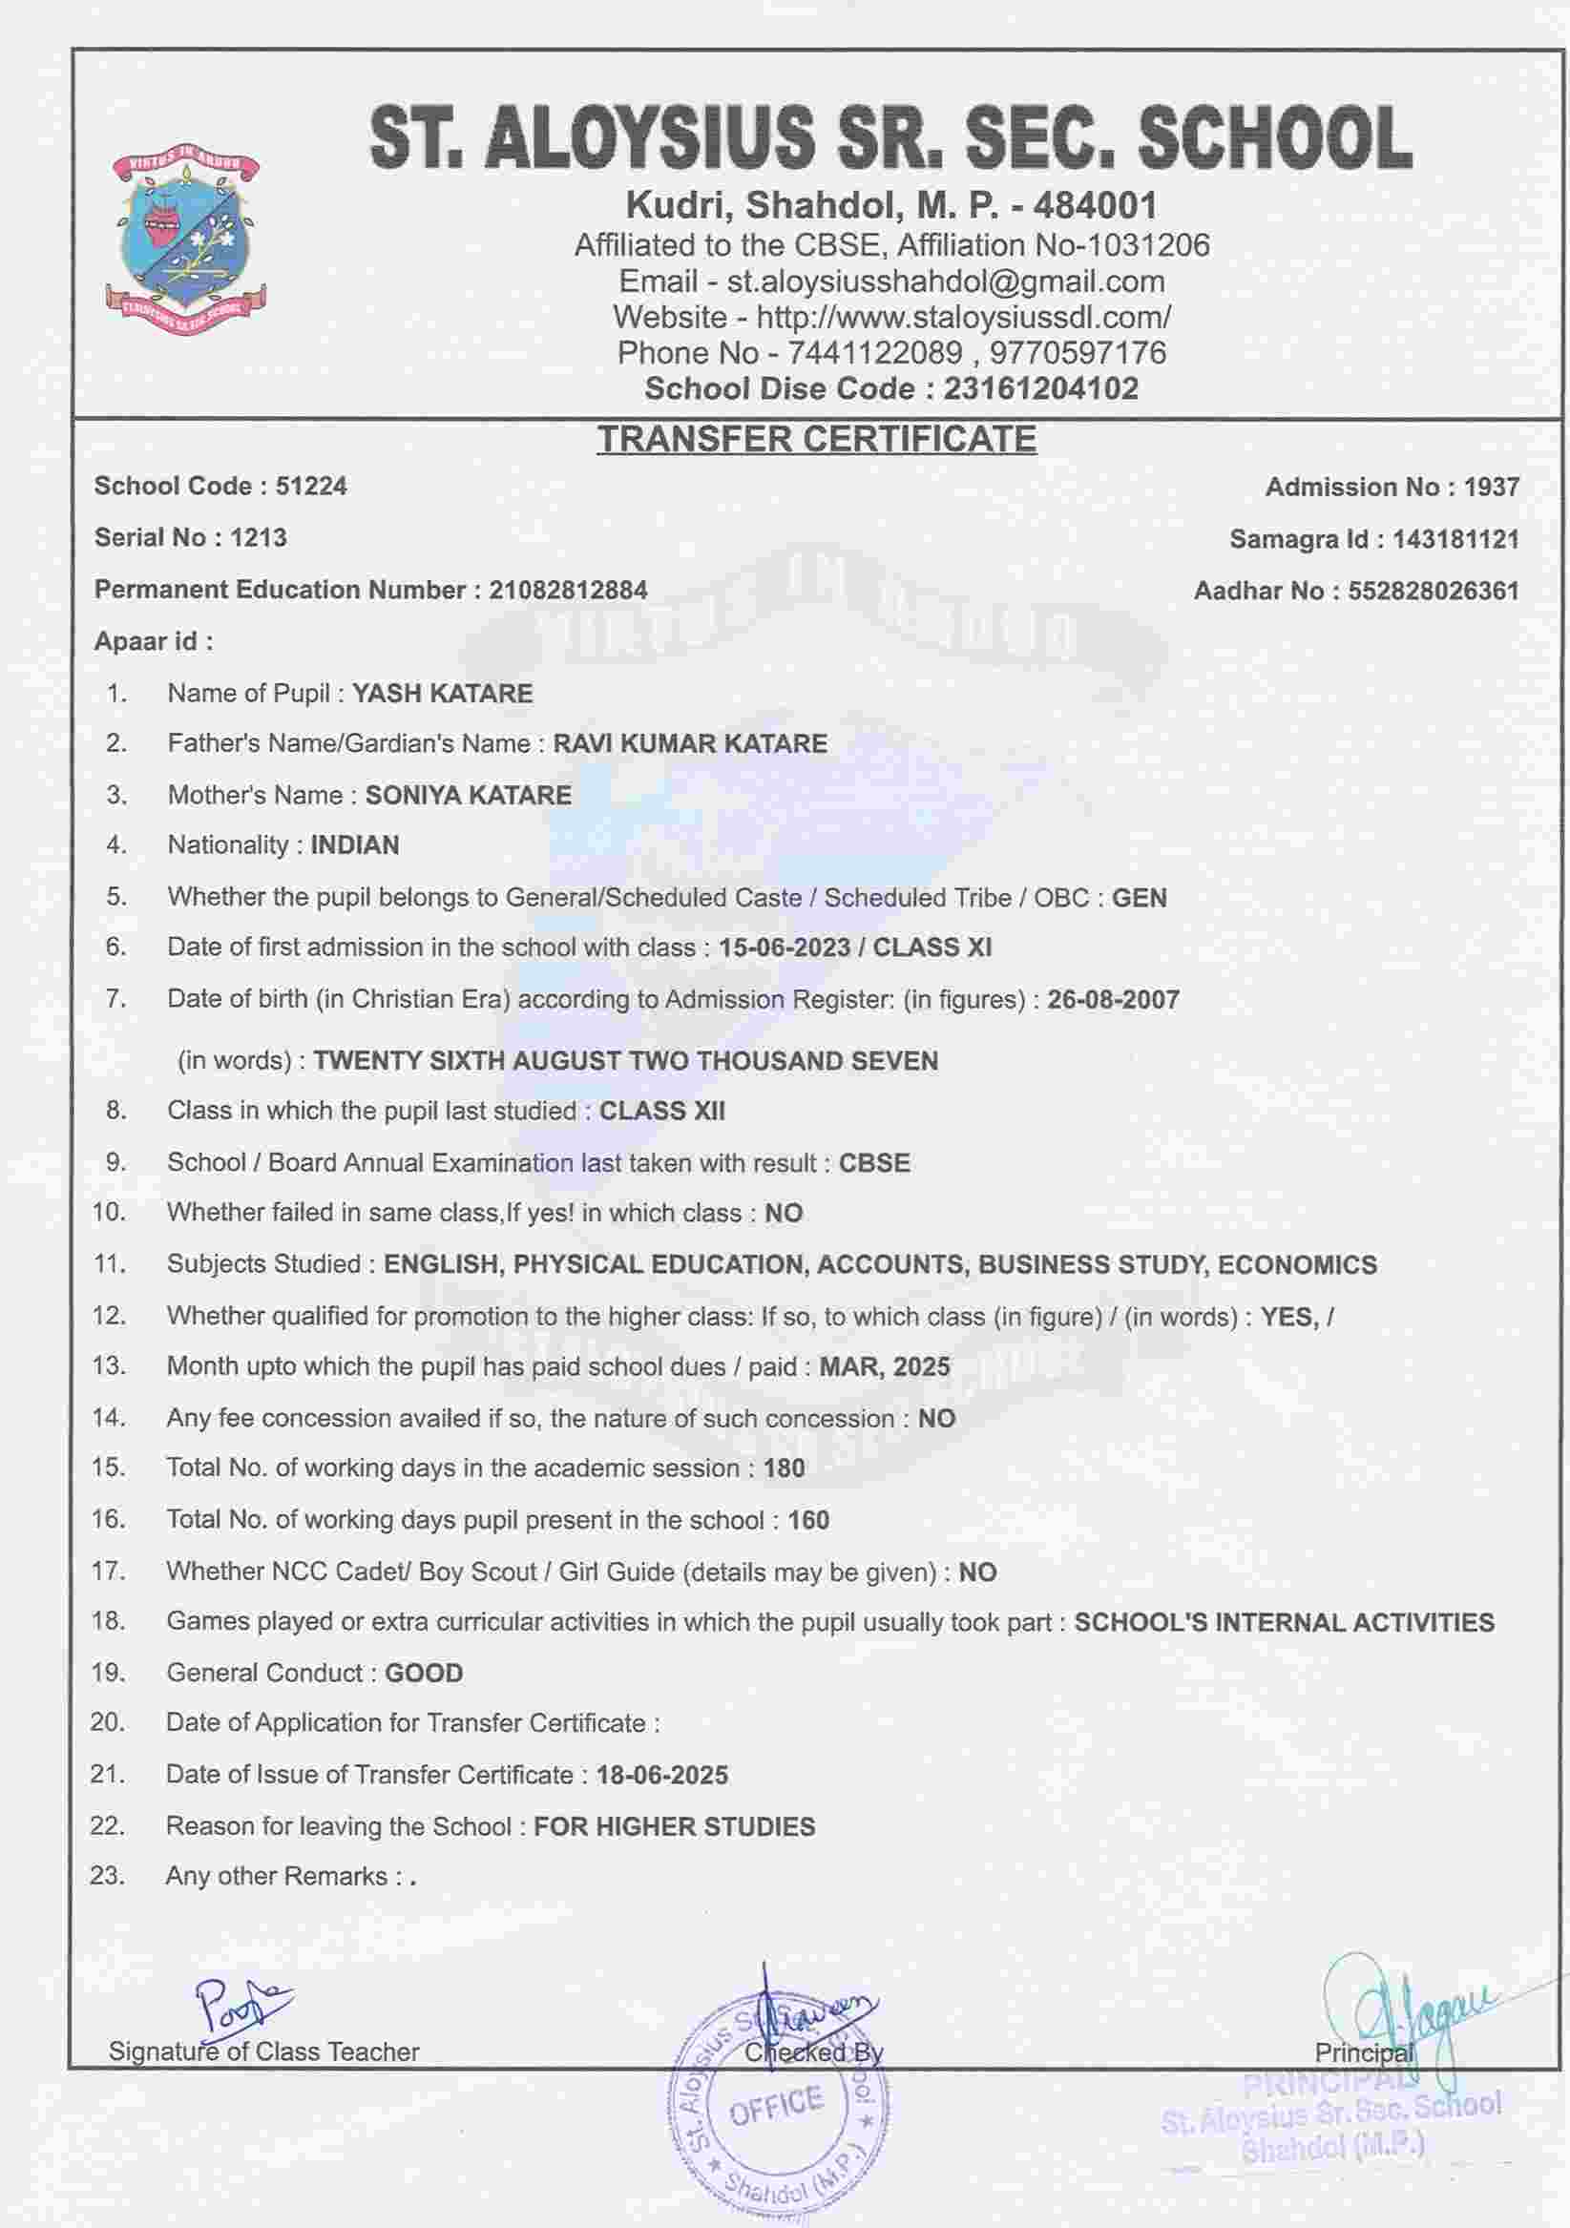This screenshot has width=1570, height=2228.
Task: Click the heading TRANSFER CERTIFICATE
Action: [x=816, y=439]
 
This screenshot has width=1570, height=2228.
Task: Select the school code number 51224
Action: [x=310, y=487]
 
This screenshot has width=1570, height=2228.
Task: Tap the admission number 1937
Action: [x=1492, y=488]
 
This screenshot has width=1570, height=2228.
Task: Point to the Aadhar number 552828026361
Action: [x=1433, y=591]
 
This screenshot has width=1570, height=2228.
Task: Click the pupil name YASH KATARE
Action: [x=442, y=694]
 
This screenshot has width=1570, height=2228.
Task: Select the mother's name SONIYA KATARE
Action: [x=468, y=796]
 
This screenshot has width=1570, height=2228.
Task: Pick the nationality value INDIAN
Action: [x=354, y=845]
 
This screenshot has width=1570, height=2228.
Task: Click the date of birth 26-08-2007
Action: [x=1113, y=999]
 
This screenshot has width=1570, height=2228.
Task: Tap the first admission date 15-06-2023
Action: [x=784, y=948]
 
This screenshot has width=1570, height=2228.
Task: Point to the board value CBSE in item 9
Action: [x=874, y=1163]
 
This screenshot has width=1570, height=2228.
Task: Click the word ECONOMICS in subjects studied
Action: [x=1296, y=1265]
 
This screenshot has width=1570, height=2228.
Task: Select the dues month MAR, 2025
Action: [x=884, y=1367]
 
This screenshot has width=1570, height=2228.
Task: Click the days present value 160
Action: [x=808, y=1521]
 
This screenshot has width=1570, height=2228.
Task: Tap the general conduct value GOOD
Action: [x=424, y=1673]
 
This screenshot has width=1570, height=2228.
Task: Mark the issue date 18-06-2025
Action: [x=661, y=1776]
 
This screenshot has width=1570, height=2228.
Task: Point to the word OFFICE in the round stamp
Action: [x=775, y=2105]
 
